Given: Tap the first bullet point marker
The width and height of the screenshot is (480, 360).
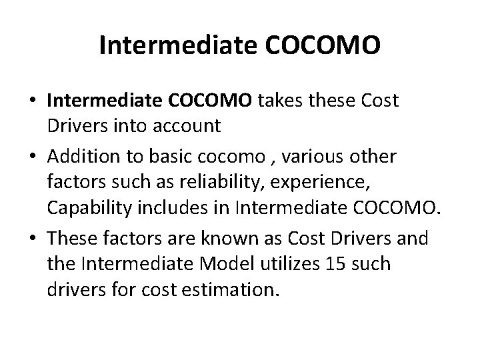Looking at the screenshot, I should (x=33, y=100).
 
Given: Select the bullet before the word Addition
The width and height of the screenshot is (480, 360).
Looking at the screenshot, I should (x=33, y=157).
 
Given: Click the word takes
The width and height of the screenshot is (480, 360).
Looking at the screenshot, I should (x=279, y=100).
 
